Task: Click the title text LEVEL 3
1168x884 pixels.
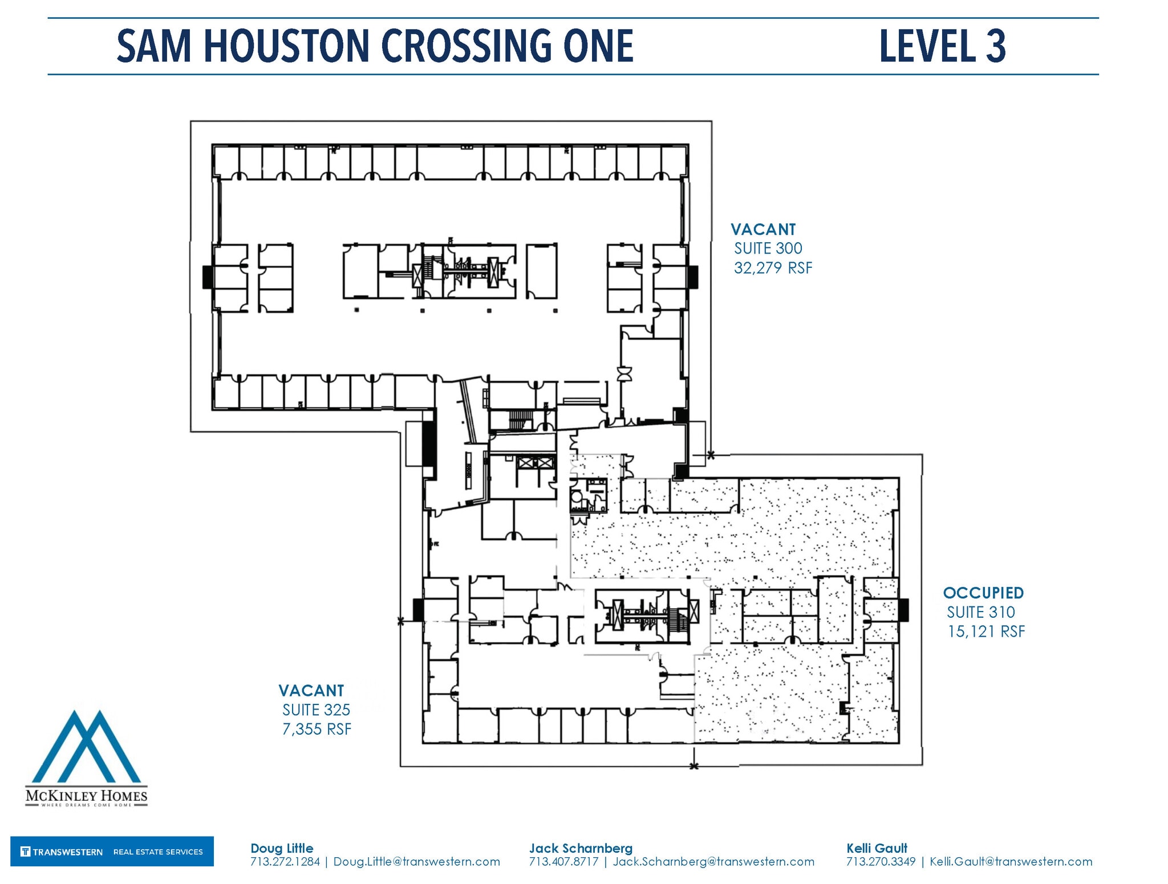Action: tap(942, 46)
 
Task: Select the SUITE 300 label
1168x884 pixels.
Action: tap(768, 249)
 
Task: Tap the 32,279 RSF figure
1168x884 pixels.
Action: tap(773, 268)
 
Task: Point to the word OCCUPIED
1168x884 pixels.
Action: tap(983, 593)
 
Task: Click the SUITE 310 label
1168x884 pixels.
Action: tap(981, 612)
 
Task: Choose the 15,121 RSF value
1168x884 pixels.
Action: tap(986, 632)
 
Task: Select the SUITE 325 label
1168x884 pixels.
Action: tap(316, 710)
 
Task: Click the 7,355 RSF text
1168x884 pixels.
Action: tap(317, 729)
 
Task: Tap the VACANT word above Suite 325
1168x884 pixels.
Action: tap(311, 691)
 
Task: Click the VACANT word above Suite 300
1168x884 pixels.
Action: tap(763, 230)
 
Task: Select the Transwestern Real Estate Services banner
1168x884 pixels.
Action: tap(112, 852)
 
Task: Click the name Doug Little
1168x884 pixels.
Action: tap(282, 848)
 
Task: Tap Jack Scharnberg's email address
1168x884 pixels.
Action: tap(713, 862)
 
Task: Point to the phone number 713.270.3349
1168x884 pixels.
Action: tap(881, 862)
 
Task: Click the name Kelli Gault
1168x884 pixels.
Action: tap(877, 848)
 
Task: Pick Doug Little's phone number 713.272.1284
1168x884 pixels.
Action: tap(285, 862)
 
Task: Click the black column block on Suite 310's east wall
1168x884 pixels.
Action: tap(903, 610)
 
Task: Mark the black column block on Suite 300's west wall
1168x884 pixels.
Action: tap(208, 277)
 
